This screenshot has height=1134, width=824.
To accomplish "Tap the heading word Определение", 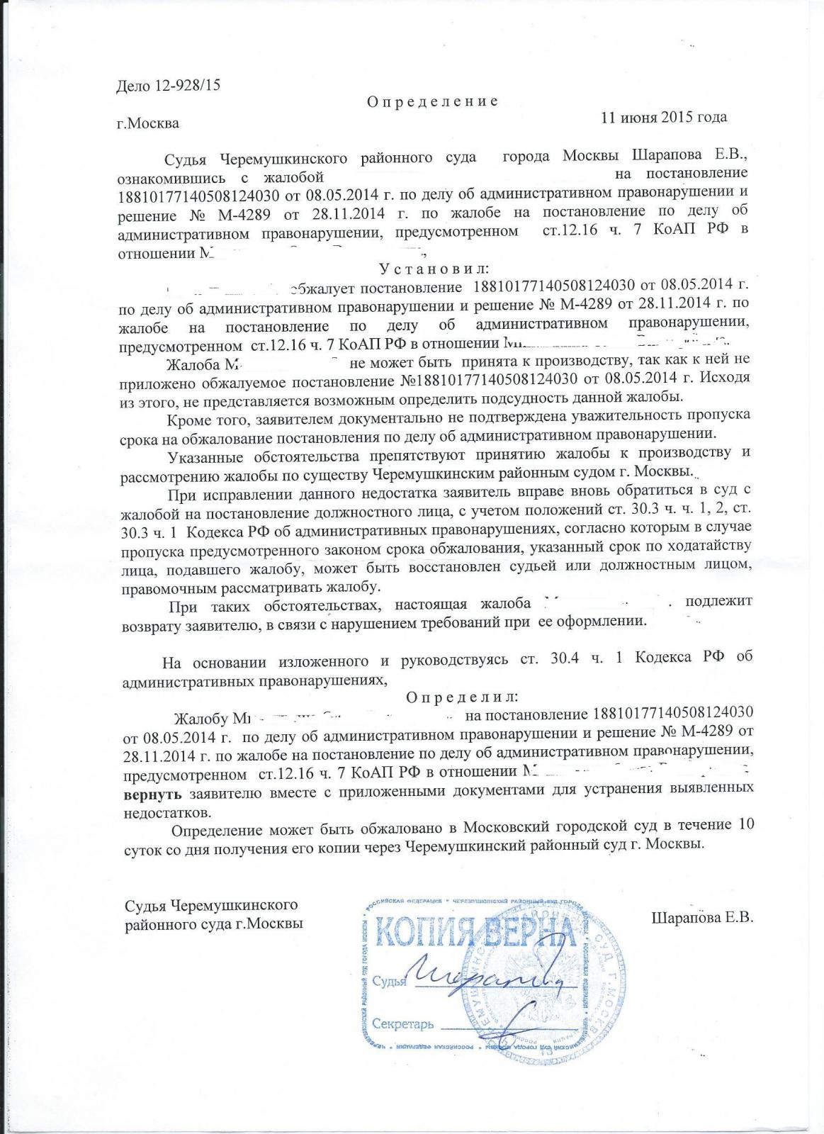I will tap(432, 101).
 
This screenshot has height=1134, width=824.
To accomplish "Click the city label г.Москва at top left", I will tap(148, 124).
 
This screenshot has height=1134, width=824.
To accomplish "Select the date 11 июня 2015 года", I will tap(664, 117).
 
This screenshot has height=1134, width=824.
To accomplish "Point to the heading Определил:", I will tap(463, 696).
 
